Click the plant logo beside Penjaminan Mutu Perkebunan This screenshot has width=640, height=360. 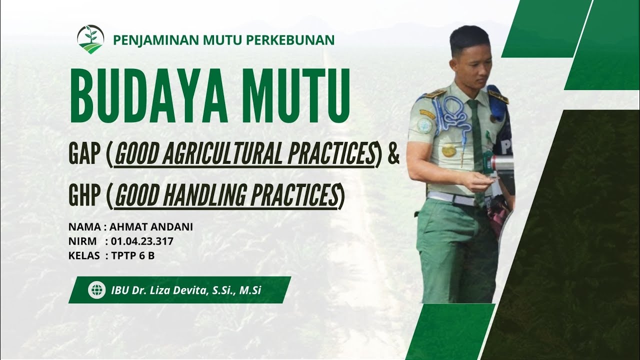pyautogui.click(x=90, y=39)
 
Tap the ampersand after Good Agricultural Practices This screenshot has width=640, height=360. pyautogui.click(x=394, y=154)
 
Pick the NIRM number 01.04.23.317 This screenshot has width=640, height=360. pyautogui.click(x=142, y=241)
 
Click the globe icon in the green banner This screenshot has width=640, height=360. pyautogui.click(x=96, y=290)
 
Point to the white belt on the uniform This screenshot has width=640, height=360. pyautogui.click(x=452, y=198)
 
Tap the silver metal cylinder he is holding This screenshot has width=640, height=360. pyautogui.click(x=501, y=163)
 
